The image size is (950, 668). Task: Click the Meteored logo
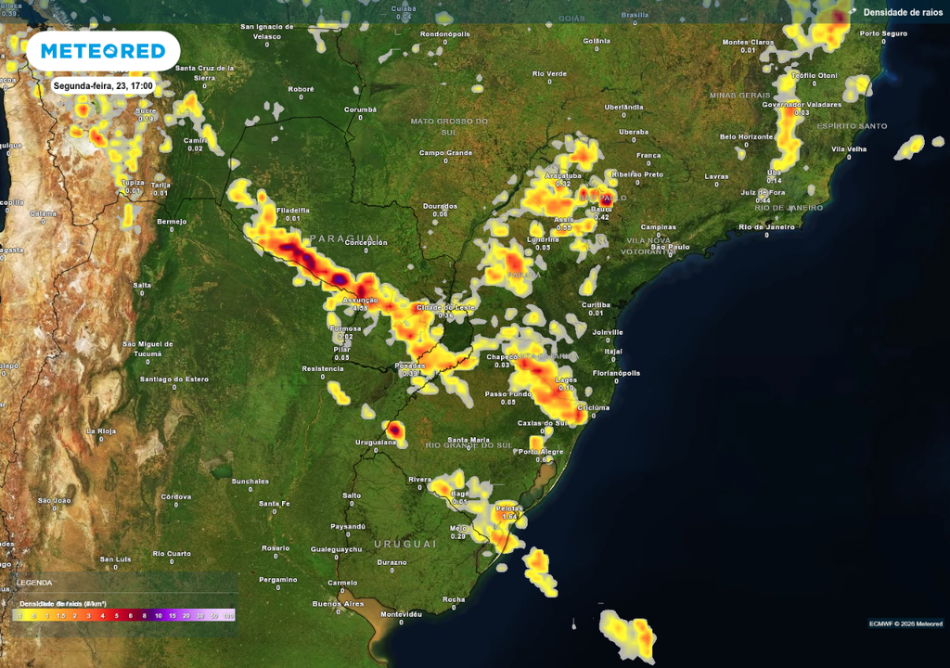click(102, 51)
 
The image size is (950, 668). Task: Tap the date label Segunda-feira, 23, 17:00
click(103, 85)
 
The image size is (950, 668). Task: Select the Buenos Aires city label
click(338, 604)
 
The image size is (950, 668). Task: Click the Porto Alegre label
click(540, 452)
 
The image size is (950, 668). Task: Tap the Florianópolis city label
click(618, 373)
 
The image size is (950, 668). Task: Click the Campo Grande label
click(445, 153)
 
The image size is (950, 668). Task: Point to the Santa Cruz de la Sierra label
click(205, 72)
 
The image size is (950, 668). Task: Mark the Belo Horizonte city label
click(746, 136)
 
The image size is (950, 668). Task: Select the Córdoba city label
click(175, 496)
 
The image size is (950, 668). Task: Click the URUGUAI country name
click(404, 543)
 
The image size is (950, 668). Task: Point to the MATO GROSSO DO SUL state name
click(449, 125)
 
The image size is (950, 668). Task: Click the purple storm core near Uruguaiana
click(394, 430)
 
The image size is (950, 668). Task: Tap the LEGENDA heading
click(34, 583)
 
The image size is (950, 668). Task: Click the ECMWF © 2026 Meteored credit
click(905, 623)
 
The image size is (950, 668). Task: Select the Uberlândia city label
click(623, 107)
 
